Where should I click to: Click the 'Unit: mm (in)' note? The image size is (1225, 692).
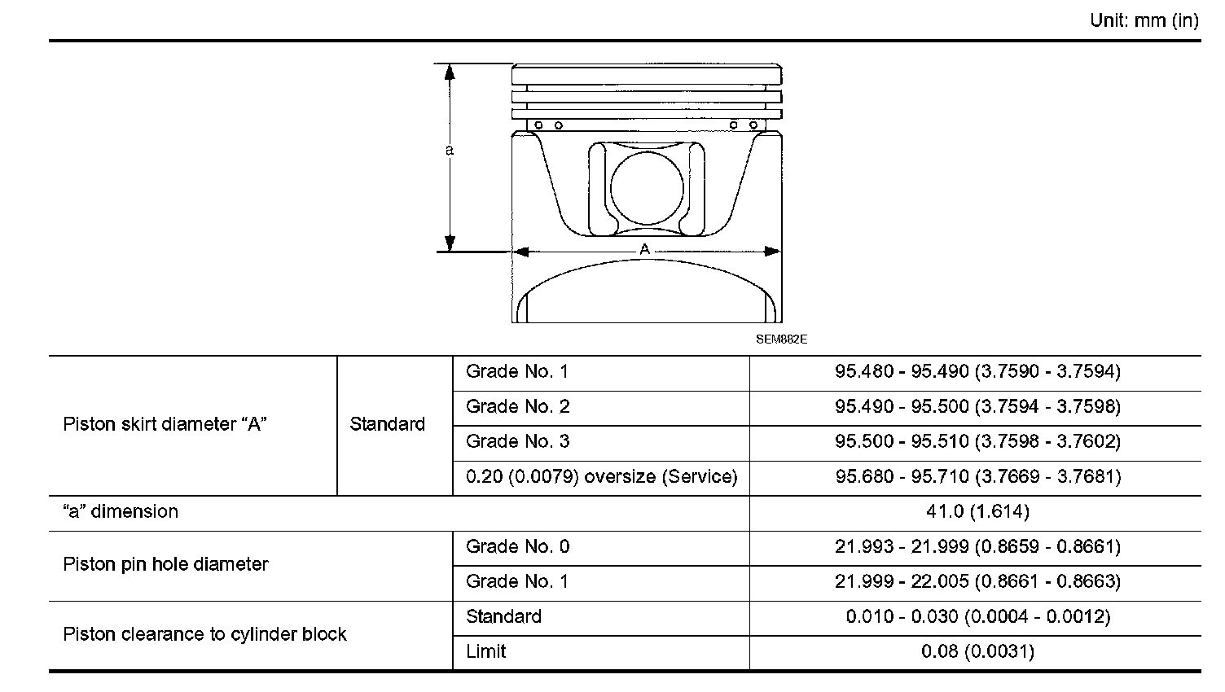tap(1144, 21)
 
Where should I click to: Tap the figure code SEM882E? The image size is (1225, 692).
tap(781, 339)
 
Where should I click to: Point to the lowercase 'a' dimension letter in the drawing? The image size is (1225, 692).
tap(450, 150)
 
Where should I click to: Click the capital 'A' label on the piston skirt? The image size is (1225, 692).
tap(645, 249)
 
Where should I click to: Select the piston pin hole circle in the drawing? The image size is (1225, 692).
tap(647, 151)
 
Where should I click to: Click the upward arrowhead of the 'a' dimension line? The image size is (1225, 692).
tap(450, 72)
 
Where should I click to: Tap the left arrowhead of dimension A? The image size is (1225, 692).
tap(521, 252)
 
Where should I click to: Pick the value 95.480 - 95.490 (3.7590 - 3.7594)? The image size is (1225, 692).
tap(977, 372)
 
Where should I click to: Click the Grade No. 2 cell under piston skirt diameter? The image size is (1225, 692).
tap(518, 407)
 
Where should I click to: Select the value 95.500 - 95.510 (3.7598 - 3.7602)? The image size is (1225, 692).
tap(977, 441)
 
